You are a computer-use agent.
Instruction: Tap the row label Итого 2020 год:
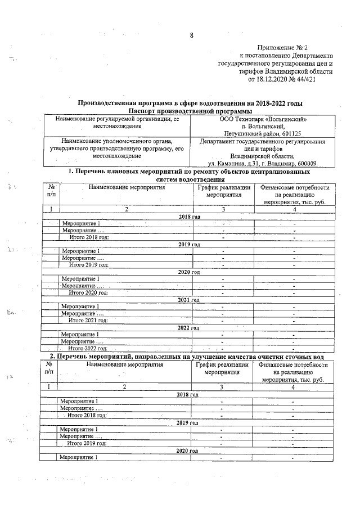[x=88, y=292]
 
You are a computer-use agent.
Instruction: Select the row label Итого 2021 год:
[x=88, y=321]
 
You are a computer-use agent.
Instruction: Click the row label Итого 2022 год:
[x=88, y=349]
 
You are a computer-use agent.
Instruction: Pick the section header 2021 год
[x=188, y=300]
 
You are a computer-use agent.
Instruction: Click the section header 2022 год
[x=188, y=327]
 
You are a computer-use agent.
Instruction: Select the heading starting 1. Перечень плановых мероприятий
[x=188, y=170]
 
